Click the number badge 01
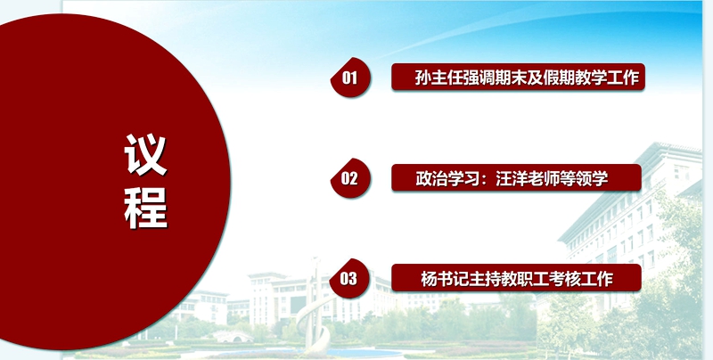(350, 78)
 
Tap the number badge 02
(350, 178)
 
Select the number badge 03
(349, 278)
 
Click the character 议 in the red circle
(145, 154)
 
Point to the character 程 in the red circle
(145, 209)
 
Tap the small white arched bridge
(233, 336)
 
